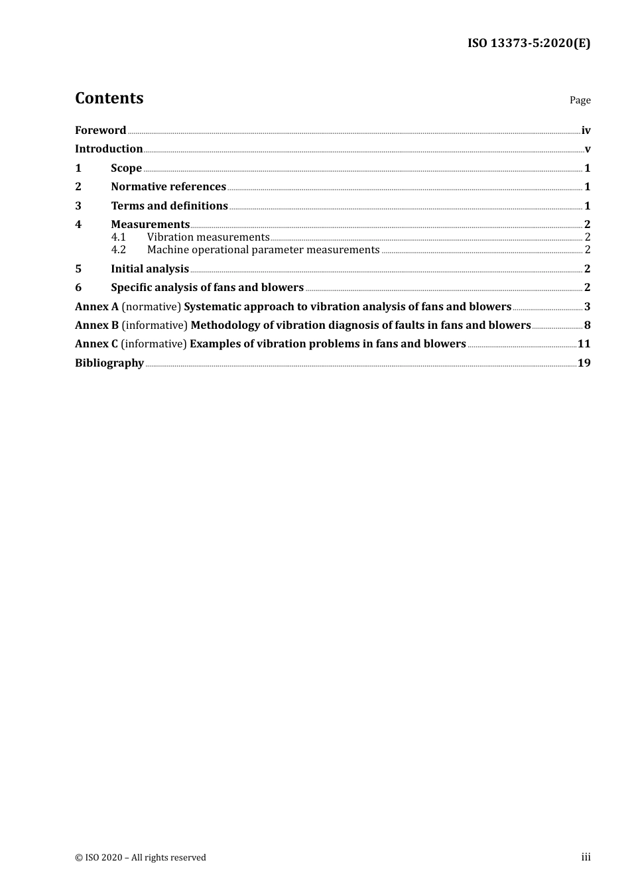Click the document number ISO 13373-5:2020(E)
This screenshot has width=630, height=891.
529,43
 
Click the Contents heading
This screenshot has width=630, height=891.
109,98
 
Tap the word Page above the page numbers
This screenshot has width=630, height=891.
580,100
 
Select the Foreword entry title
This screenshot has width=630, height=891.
100,131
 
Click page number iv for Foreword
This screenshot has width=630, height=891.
586,131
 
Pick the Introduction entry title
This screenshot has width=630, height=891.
109,149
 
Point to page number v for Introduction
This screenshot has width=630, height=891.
588,149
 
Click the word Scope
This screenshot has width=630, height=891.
126,168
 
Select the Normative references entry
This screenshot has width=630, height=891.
168,187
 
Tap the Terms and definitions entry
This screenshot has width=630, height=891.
169,206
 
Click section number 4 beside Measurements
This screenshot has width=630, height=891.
78,225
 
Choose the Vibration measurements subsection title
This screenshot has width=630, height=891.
208,237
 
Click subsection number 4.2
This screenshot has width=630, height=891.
118,250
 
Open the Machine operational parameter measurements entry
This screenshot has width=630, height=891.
263,250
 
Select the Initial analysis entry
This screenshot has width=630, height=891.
150,269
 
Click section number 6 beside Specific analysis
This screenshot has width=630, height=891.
78,288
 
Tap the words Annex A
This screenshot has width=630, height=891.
96,307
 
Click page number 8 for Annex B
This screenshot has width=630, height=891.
587,326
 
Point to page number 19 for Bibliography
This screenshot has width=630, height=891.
584,363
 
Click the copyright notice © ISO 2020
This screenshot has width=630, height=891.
141,858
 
